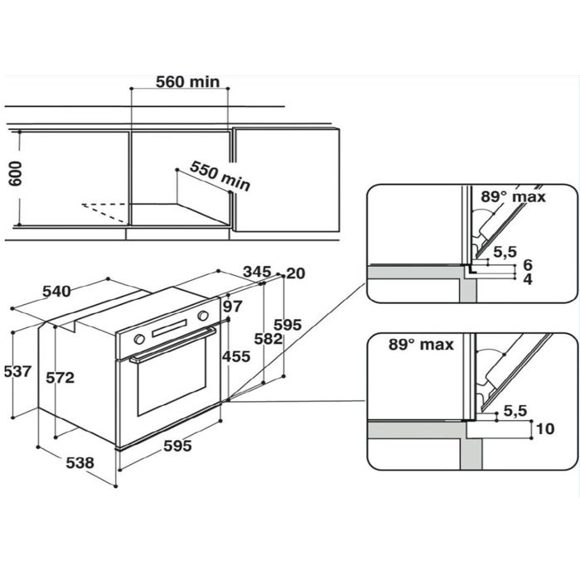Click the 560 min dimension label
click(x=187, y=82)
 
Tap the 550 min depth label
click(x=220, y=176)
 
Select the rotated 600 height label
click(x=16, y=174)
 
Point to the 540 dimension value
click(x=56, y=292)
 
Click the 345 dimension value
click(x=257, y=272)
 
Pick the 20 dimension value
click(x=296, y=273)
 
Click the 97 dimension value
click(x=233, y=307)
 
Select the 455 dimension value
click(x=236, y=356)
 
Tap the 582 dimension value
click(x=268, y=339)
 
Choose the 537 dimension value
click(x=17, y=371)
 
